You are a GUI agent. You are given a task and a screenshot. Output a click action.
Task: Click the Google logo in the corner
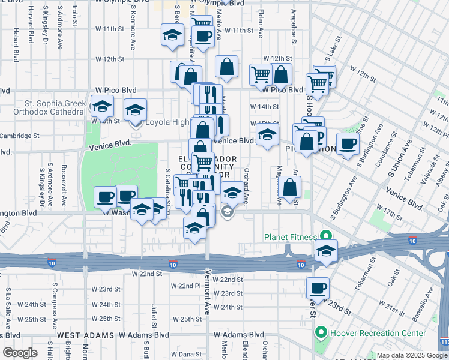pos(20,352)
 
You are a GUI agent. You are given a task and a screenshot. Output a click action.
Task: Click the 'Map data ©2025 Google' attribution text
pos(411,355)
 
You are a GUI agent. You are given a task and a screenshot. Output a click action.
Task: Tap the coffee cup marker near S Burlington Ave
pos(348,144)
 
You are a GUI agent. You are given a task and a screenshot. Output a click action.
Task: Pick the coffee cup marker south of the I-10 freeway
pos(318,287)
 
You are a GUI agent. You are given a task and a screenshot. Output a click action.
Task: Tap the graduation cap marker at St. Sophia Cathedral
pos(102,106)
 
